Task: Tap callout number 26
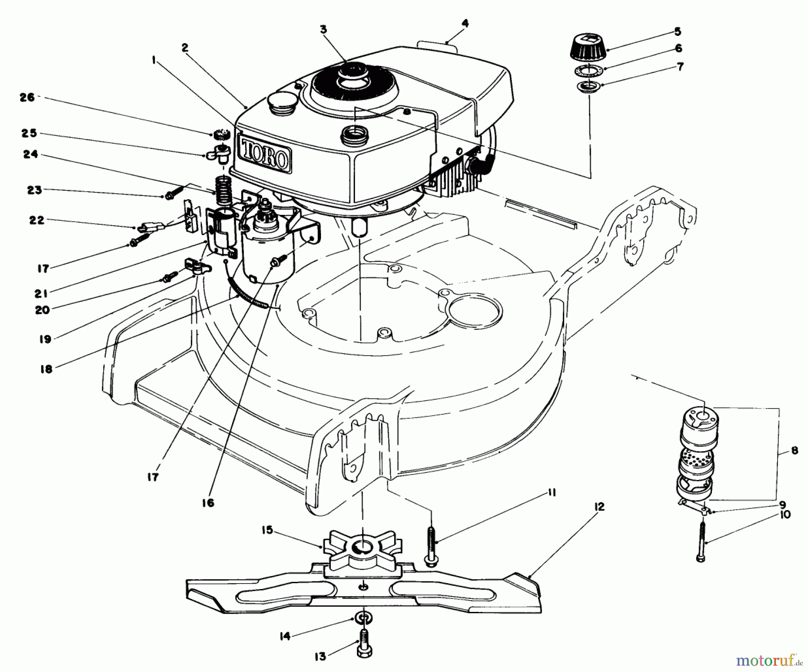(x=27, y=97)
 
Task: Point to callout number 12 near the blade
(x=599, y=507)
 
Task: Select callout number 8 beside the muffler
(x=795, y=450)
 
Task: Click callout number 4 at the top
(x=465, y=23)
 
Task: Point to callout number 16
(x=208, y=503)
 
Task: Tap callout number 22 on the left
(x=37, y=220)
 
